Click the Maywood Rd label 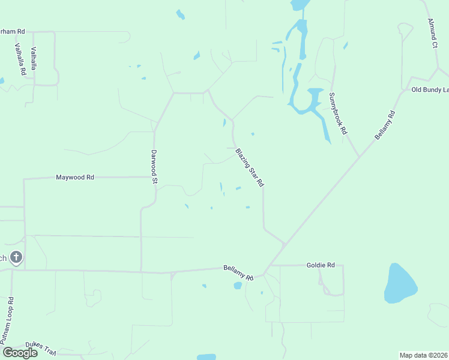pyautogui.click(x=75, y=178)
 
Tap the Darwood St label pyautogui.click(x=154, y=166)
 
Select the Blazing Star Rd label pyautogui.click(x=250, y=168)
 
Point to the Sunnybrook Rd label pyautogui.click(x=339, y=113)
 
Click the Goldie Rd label pyautogui.click(x=320, y=264)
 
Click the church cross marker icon pyautogui.click(x=16, y=258)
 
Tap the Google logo pyautogui.click(x=20, y=352)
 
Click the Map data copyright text pyautogui.click(x=424, y=355)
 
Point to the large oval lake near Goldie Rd pyautogui.click(x=400, y=283)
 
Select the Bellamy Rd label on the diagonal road pyautogui.click(x=385, y=125)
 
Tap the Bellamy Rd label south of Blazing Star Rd pyautogui.click(x=238, y=273)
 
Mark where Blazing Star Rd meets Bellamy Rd pyautogui.click(x=285, y=244)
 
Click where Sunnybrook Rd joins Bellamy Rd pyautogui.click(x=359, y=157)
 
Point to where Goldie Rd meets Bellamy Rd pyautogui.click(x=271, y=265)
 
